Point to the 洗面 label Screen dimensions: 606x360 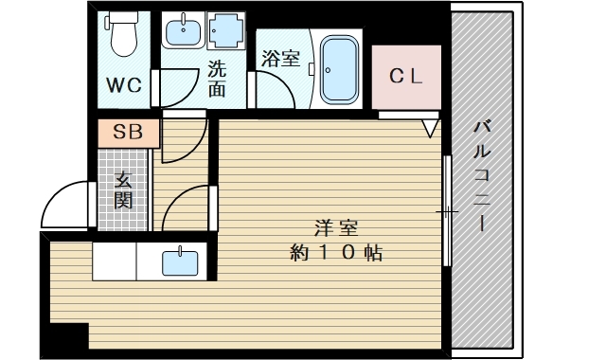(x=217, y=79)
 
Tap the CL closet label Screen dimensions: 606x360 (x=405, y=76)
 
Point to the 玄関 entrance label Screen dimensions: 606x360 (x=124, y=189)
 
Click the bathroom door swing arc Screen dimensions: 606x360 (x=275, y=95)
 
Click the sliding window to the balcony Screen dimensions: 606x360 (x=445, y=210)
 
